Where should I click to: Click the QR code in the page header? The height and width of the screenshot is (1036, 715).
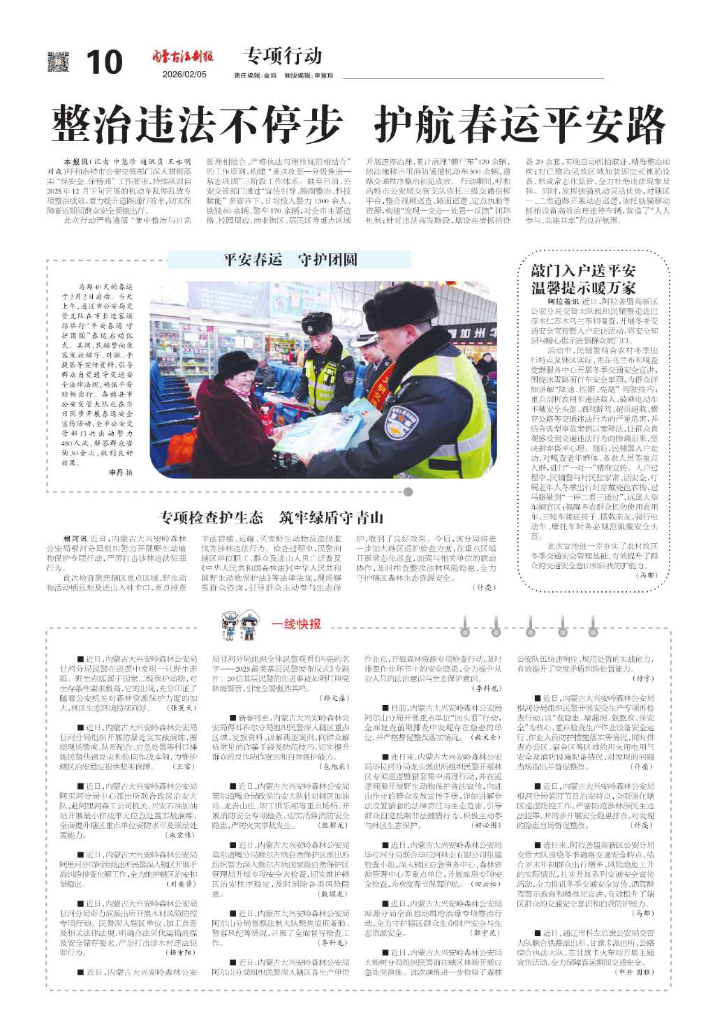59,62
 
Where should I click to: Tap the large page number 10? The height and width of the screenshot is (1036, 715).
104,63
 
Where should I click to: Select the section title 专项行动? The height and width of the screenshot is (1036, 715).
283,55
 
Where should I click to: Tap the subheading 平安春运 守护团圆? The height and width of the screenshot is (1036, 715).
290,260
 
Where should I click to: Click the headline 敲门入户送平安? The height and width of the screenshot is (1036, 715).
582,271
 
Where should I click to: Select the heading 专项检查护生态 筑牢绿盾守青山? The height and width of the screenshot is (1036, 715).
272,517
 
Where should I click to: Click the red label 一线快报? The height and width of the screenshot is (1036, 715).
296,623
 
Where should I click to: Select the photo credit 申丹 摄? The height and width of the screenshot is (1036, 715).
120,473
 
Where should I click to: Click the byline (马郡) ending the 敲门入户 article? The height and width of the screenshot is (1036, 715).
647,575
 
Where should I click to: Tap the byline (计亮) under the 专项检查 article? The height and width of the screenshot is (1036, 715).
483,588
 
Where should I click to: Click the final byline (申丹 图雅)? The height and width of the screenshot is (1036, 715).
635,972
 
